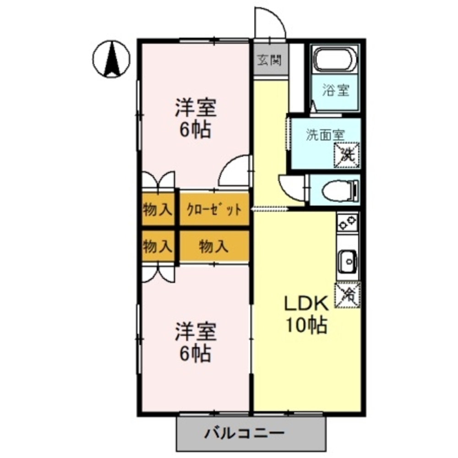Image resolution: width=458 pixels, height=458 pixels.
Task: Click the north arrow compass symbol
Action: [x=111, y=60]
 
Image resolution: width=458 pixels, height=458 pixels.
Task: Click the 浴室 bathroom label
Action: [x=336, y=91]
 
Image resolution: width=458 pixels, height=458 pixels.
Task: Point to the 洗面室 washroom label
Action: [x=325, y=135]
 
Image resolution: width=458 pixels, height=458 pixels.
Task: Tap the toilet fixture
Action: [x=341, y=191]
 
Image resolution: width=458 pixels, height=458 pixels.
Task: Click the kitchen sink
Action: [x=348, y=262]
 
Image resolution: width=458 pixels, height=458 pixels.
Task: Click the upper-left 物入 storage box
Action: [x=158, y=210]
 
